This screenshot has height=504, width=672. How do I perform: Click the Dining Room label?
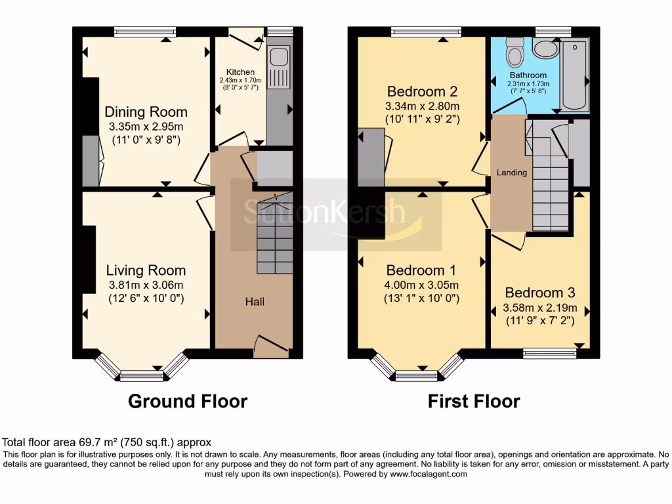[146, 112]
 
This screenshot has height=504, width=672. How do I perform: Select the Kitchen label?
[240, 72]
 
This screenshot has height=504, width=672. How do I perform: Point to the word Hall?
[255, 302]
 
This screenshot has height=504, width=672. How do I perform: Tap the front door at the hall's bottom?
[269, 346]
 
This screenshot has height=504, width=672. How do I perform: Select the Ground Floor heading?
[187, 401]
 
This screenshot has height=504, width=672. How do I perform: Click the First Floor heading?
[474, 401]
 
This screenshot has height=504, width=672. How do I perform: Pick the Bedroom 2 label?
[422, 91]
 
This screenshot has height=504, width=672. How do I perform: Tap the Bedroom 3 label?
[539, 293]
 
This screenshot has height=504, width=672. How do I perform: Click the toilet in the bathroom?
[514, 49]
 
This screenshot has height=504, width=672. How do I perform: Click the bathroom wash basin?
[544, 48]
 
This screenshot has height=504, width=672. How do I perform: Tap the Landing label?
[511, 173]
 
